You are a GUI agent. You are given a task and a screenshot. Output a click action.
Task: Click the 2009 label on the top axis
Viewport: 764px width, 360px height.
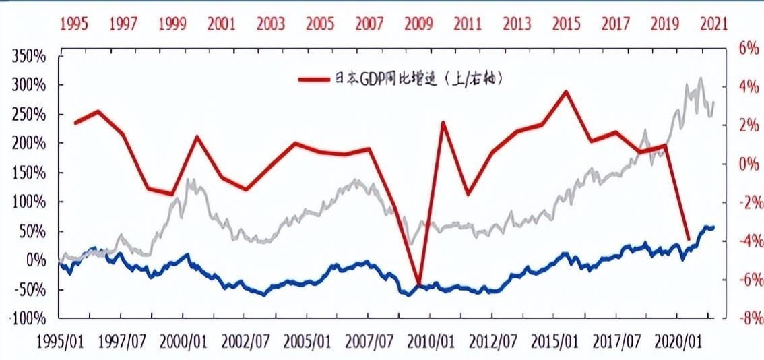click(418, 24)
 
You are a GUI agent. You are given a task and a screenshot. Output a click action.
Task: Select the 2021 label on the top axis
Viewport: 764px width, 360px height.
click(713, 24)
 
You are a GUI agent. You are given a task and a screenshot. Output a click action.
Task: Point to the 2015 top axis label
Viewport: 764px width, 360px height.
click(566, 24)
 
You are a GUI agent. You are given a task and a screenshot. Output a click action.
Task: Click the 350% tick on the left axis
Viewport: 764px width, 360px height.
click(29, 56)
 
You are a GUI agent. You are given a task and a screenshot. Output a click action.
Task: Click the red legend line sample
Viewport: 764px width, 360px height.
click(316, 79)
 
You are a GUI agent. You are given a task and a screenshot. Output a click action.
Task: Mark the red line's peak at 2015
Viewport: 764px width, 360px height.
click(566, 91)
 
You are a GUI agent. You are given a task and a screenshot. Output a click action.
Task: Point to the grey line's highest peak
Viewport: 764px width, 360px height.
click(701, 78)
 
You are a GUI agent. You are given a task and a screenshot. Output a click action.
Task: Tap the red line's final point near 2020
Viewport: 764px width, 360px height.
click(688, 239)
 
